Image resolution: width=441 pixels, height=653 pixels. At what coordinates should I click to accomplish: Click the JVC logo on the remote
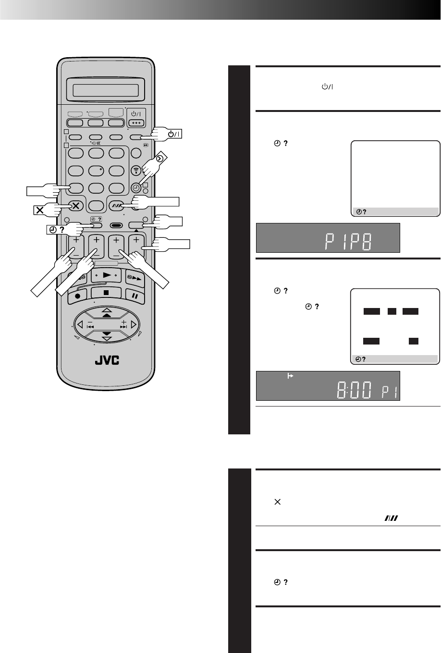pos(107,360)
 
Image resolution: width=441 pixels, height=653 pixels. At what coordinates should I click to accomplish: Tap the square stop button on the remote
pos(106,293)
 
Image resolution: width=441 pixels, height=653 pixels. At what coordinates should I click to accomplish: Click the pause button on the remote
pos(135,296)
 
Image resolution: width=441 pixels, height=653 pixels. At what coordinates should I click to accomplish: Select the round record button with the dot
pos(77,296)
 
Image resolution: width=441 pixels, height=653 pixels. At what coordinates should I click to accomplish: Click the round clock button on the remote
pos(136,188)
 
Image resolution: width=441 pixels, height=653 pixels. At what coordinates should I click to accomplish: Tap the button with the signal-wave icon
pos(136,171)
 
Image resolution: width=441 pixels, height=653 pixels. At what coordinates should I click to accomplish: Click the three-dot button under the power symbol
pos(136,123)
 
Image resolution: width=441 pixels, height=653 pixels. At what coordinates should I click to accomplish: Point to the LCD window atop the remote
pos(106,90)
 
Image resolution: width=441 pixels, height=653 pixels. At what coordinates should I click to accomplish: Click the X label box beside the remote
pos(40,210)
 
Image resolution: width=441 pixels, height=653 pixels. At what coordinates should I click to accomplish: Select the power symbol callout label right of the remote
pos(174,134)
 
